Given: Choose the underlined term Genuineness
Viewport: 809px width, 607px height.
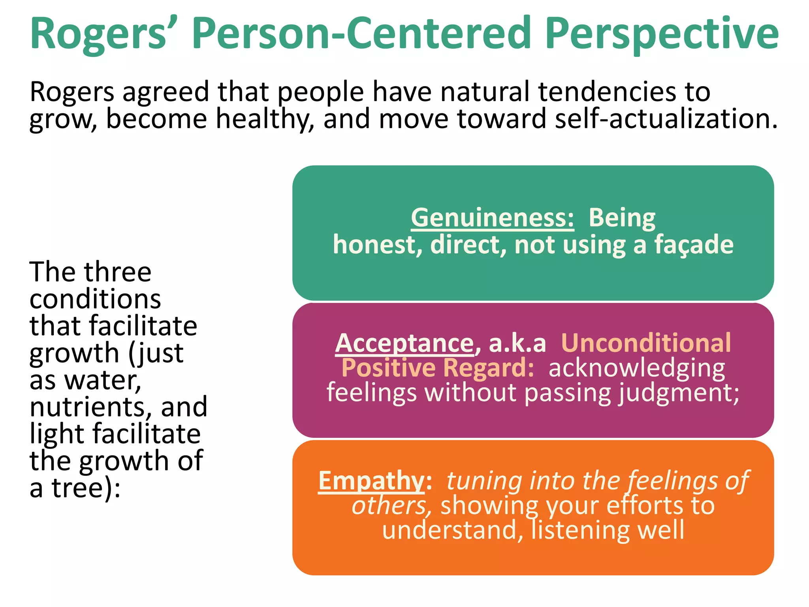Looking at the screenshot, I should (492, 218).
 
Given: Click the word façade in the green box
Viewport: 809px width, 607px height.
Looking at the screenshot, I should (694, 245).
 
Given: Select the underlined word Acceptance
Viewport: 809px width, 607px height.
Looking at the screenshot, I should (404, 343).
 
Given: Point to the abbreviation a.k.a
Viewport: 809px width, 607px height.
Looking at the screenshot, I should (517, 343).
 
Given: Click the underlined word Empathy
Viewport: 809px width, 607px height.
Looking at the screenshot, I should (371, 481).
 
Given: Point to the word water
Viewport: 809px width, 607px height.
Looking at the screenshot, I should (103, 380).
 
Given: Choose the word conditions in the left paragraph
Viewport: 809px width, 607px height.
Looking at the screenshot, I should (95, 299).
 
